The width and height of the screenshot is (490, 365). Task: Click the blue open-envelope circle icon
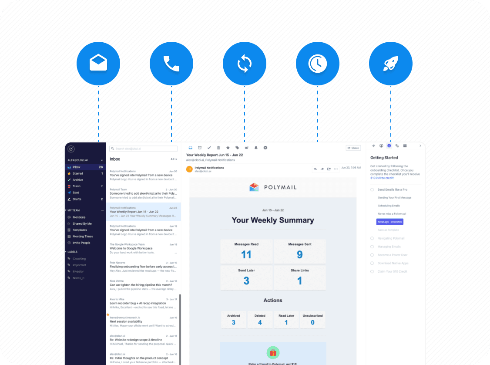pos(98,63)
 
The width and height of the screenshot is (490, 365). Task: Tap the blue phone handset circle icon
pos(171,63)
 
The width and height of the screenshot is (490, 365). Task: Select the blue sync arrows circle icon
pos(245,63)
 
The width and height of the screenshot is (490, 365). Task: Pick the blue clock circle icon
pos(318,63)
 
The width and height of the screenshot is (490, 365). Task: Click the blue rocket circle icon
pos(391,63)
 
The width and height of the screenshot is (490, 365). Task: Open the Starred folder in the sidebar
pos(78,173)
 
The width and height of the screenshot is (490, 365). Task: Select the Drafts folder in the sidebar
pos(77,199)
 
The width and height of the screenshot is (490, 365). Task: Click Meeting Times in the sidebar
pos(83,237)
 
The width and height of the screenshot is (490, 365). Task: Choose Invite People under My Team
pos(81,243)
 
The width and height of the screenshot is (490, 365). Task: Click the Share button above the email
pos(353,148)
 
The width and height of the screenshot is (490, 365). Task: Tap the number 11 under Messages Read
pos(246,254)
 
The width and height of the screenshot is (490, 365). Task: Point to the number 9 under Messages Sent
pos(299,254)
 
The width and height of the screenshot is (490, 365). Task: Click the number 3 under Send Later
pos(246,281)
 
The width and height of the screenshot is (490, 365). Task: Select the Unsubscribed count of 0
pos(312,322)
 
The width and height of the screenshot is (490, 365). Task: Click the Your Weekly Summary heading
pos(273,220)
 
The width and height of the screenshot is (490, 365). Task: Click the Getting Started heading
pos(384,158)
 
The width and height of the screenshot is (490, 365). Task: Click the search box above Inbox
pos(143,149)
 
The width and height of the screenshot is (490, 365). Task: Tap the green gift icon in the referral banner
pos(273,352)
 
